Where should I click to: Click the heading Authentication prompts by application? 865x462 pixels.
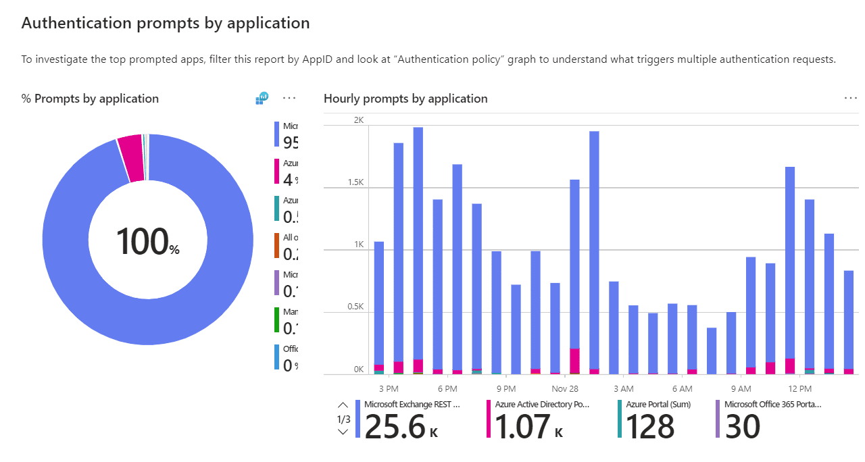(x=166, y=23)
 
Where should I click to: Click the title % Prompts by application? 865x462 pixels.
(x=90, y=99)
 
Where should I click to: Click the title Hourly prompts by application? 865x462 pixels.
(x=405, y=99)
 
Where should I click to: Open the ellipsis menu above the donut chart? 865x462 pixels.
(x=289, y=98)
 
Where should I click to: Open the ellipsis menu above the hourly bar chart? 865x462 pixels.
(x=850, y=98)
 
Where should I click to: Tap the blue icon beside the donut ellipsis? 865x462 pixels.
(x=262, y=99)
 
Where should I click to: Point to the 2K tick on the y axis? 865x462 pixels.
(x=358, y=120)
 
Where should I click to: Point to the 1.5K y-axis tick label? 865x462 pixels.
(x=355, y=183)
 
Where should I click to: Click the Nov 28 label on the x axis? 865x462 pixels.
(x=564, y=389)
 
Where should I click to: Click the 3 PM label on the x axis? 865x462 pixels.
(x=389, y=389)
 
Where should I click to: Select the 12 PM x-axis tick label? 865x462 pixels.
(x=799, y=389)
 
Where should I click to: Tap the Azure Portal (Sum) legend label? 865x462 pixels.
(x=659, y=405)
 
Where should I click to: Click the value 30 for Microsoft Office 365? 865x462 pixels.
(x=742, y=427)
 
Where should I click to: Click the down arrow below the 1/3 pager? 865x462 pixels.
(x=343, y=432)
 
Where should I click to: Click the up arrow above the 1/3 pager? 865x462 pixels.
(x=343, y=405)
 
